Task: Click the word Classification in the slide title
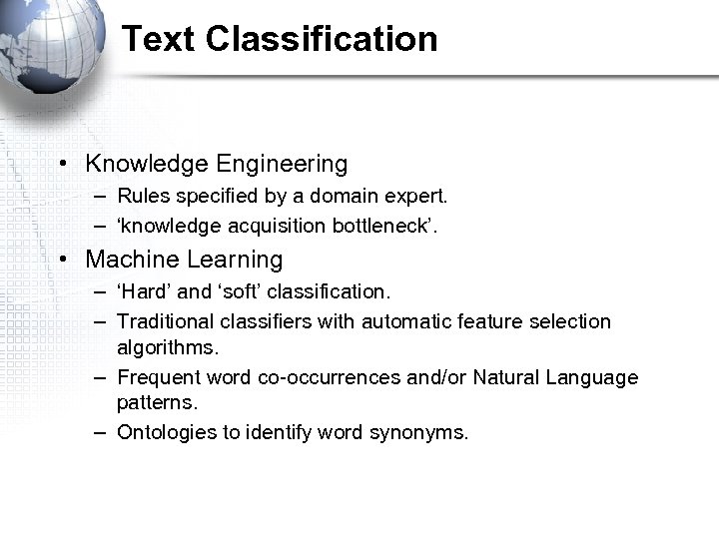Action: point(322,39)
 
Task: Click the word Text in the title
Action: point(159,39)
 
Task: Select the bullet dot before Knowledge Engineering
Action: point(62,164)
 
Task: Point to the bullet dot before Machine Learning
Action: point(62,260)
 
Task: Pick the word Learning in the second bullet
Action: point(238,260)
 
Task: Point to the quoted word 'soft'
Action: point(240,292)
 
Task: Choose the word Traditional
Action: point(165,321)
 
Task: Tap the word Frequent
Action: point(159,378)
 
